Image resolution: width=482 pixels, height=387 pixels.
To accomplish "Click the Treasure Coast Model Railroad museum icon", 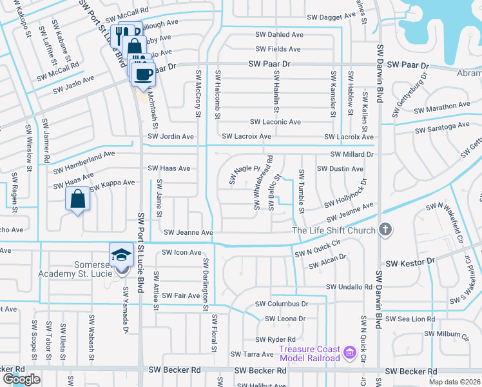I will [350, 353].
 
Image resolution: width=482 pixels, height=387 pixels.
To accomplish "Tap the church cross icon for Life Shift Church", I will [385, 229].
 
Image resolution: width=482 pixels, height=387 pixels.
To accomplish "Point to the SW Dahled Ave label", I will [279, 34].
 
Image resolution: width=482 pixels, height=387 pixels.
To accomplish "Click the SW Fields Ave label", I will [278, 49].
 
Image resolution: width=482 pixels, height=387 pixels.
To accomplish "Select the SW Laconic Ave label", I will [275, 122].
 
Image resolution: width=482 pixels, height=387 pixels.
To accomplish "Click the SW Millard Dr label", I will [352, 155].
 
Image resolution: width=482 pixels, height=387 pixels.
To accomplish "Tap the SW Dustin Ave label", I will [340, 169].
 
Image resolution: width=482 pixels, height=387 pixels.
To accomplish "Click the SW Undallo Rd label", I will [349, 286].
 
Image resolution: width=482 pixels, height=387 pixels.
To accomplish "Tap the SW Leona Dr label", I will [284, 319].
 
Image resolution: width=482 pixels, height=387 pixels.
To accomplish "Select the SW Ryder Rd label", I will [275, 339].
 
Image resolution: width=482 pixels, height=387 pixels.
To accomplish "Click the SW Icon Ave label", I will [181, 252].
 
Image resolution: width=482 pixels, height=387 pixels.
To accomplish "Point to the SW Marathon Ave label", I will [442, 106].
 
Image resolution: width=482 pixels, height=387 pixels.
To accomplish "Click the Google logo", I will [21, 379].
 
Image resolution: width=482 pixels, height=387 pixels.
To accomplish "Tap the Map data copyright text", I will [454, 382].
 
